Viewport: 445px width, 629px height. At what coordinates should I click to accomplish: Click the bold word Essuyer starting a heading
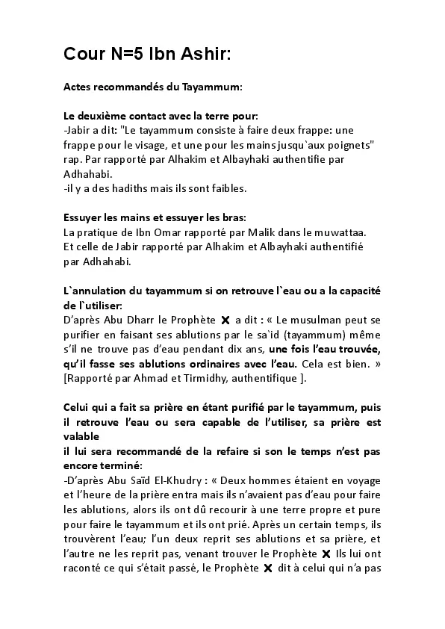[x=84, y=217]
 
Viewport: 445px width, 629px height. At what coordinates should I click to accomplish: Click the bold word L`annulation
[x=96, y=289]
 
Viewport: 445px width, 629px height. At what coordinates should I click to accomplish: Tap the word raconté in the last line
[x=85, y=567]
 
